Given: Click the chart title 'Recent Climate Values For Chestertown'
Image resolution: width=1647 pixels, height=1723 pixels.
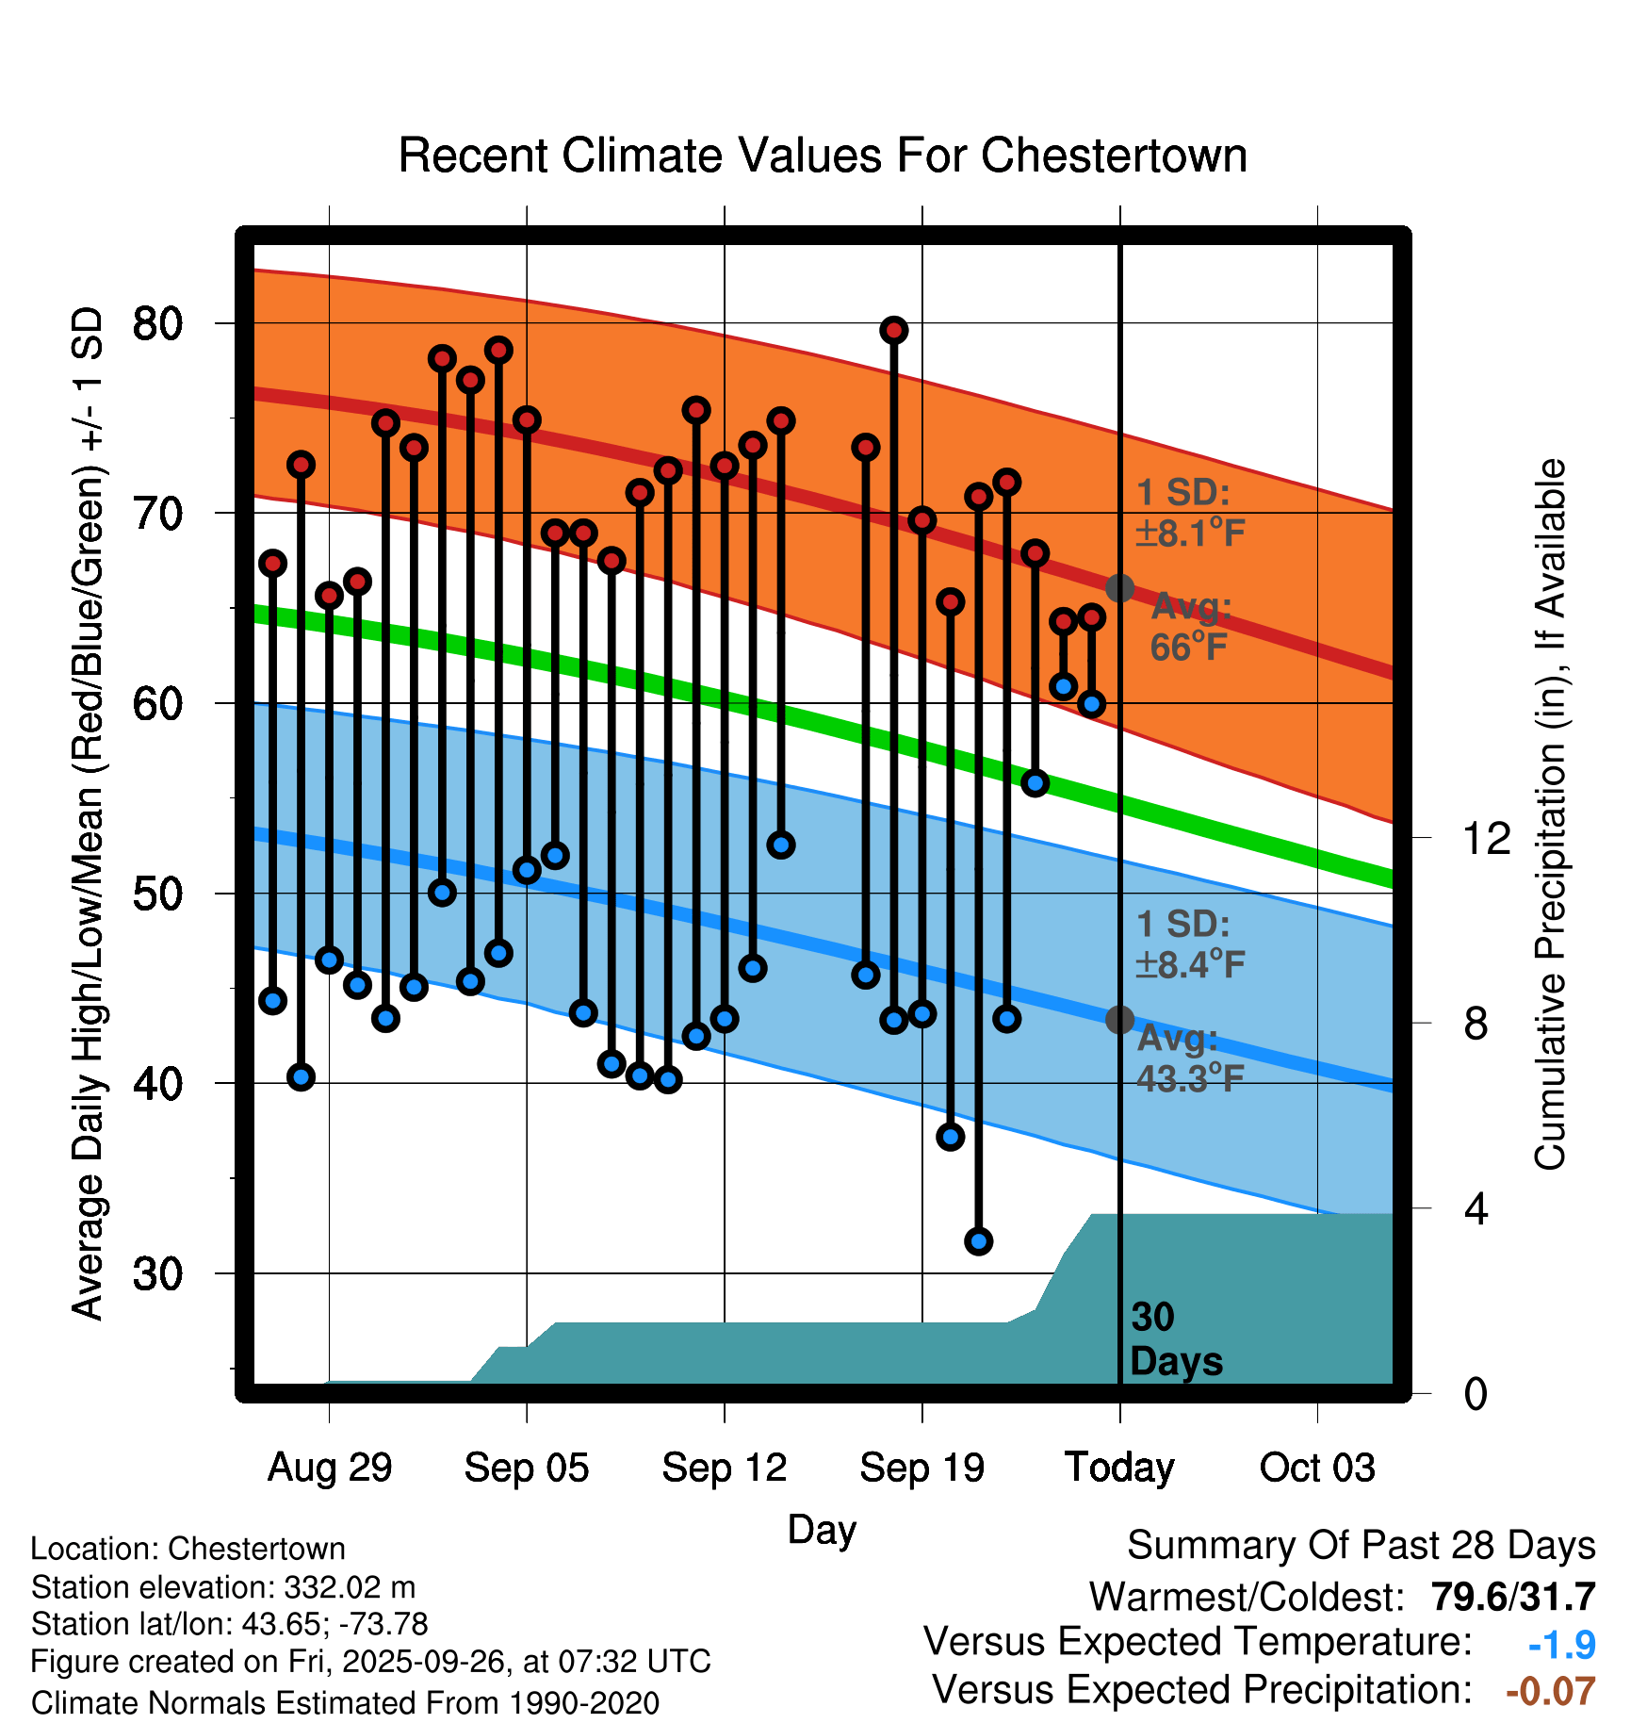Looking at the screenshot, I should (x=823, y=156).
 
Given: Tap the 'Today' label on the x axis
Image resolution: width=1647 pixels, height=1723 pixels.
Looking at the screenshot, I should (x=1119, y=1468).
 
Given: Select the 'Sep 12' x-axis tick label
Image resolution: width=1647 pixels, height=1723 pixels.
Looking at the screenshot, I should (x=724, y=1468).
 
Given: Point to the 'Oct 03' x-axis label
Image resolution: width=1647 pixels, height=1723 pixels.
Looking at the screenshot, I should (x=1317, y=1468).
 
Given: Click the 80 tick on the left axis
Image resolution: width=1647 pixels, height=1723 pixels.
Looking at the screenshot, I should (x=157, y=323).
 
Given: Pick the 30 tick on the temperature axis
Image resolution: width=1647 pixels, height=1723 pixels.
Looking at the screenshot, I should (x=157, y=1273).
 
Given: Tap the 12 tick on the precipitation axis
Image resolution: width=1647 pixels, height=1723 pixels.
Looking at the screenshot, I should (x=1486, y=838).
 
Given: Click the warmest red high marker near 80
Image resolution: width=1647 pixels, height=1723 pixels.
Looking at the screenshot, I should (x=893, y=330).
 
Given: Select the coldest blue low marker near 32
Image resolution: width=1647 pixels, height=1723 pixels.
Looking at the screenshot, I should (x=978, y=1241).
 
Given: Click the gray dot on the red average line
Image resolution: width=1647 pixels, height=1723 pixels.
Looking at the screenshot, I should (x=1119, y=588).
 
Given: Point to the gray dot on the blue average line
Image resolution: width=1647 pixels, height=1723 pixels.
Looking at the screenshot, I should (x=1119, y=1019).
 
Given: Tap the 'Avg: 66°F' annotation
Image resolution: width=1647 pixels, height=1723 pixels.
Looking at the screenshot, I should (x=1190, y=627).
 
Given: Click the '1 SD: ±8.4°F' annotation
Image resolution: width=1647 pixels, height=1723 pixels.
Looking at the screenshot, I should (x=1190, y=944).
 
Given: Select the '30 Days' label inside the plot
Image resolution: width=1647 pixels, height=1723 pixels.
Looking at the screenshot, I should (x=1175, y=1339).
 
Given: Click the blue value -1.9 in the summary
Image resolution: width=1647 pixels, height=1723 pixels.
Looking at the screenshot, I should (x=1561, y=1645).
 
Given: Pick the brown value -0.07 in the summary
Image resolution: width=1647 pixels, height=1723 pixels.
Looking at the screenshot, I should (x=1550, y=1691).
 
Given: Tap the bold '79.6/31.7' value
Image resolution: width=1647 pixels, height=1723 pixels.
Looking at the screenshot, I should (x=1512, y=1597).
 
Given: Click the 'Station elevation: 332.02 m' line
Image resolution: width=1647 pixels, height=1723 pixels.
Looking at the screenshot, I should (x=223, y=1587).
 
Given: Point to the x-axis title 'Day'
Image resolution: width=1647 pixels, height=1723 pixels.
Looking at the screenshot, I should (x=822, y=1529).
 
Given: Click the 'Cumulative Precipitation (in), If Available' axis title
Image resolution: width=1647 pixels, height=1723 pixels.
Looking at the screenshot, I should (x=1550, y=815).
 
